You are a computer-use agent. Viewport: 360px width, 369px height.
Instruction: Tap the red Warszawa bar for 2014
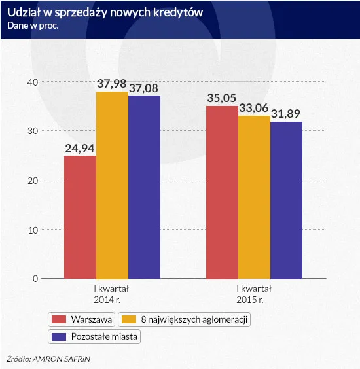click(x=80, y=217)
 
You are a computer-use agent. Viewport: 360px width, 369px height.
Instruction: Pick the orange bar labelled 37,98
click(x=112, y=184)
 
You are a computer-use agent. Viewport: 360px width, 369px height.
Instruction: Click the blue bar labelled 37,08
click(x=144, y=186)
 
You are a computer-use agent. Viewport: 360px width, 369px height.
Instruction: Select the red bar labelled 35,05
click(x=222, y=192)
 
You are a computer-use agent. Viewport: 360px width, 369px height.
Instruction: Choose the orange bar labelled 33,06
click(x=254, y=197)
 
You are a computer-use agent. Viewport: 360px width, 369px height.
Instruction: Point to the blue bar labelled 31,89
click(x=286, y=200)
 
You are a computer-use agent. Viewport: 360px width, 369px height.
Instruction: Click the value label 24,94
click(x=80, y=147)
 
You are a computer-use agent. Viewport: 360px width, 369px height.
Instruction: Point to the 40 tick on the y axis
click(x=33, y=82)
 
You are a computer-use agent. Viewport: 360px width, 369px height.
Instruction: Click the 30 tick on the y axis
click(x=33, y=131)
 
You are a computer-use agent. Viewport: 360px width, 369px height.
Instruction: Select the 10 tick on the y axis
click(x=33, y=230)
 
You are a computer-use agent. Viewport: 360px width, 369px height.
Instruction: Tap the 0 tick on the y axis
click(x=35, y=279)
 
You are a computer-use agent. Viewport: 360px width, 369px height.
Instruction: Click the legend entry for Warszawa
click(x=82, y=320)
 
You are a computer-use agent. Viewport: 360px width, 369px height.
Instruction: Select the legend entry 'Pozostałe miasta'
click(x=96, y=337)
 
